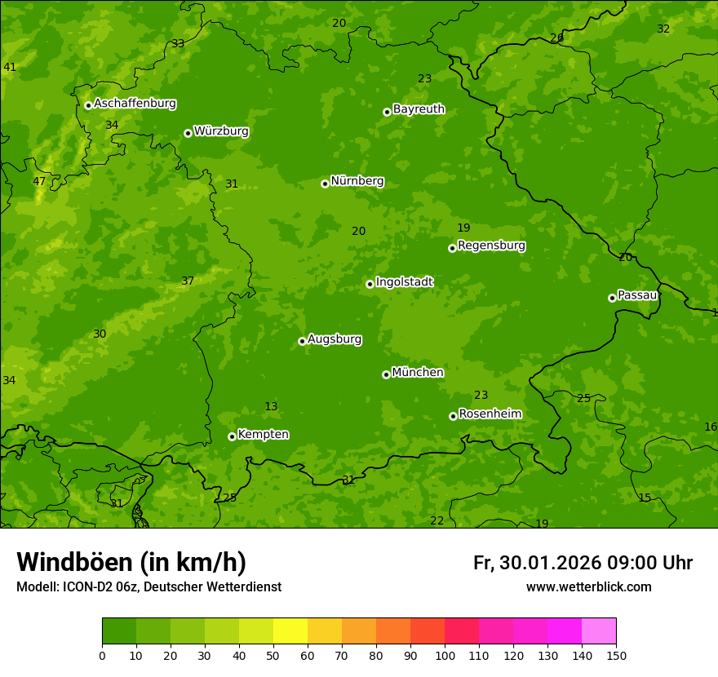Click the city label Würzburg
coord(221,131)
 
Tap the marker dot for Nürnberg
coord(325,184)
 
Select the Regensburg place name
coord(491,246)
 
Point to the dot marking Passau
coord(612,298)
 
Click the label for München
coord(418,373)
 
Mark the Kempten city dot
coord(232,436)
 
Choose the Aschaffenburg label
coord(135,104)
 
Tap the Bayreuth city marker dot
coord(387,112)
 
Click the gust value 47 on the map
coord(39,181)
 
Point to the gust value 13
coord(271,406)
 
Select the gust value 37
coord(188,281)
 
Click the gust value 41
coord(10,67)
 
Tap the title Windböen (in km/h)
coord(131,562)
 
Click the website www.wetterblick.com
coord(588,586)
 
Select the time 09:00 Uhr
coord(650,563)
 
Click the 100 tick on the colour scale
coord(445,656)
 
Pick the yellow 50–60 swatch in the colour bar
coord(290,631)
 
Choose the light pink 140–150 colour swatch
coord(599,631)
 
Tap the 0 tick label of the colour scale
coord(102,656)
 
